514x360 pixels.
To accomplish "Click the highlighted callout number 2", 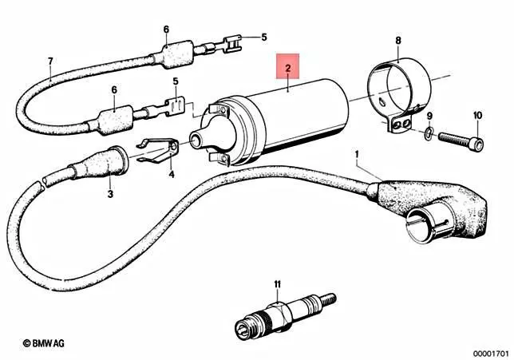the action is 288,68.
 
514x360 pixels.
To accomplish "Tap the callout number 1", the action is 357,154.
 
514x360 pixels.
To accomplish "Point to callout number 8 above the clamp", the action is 398,41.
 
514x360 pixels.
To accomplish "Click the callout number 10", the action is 477,116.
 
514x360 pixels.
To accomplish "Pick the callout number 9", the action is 429,116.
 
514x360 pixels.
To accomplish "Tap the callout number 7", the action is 50,61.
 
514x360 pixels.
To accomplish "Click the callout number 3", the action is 110,194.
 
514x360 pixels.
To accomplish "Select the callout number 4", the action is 172,175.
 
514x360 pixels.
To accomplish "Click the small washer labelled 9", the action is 429,133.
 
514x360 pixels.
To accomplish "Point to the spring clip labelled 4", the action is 159,150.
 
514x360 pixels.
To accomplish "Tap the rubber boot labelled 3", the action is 98,163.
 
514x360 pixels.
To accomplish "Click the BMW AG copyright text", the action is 44,343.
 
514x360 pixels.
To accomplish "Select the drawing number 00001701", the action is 490,354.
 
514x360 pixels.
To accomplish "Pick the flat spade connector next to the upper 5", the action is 233,44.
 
